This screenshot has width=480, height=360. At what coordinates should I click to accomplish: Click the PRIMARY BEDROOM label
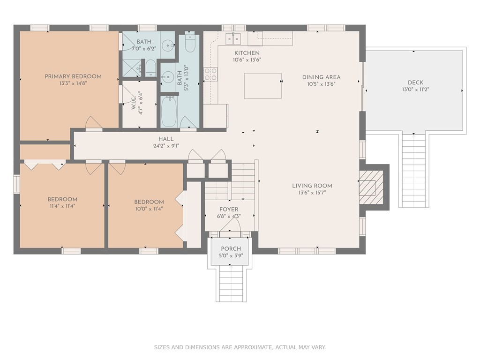[73, 76]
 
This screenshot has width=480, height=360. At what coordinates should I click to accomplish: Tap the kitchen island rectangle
[262, 86]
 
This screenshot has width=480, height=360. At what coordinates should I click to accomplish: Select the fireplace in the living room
[371, 187]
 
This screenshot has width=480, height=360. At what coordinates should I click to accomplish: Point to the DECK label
[415, 82]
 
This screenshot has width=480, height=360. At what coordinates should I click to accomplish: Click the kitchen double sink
[233, 39]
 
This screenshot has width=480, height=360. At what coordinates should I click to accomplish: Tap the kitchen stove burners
[210, 75]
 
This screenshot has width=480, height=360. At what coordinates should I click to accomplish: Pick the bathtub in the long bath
[169, 112]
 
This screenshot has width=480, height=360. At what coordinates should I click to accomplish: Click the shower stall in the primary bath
[132, 68]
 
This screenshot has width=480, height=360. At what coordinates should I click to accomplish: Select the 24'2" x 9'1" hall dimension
[166, 146]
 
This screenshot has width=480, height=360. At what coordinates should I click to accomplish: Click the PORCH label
[231, 249]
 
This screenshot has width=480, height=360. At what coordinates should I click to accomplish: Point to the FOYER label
[229, 210]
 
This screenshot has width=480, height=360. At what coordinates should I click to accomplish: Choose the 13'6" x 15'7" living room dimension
[312, 193]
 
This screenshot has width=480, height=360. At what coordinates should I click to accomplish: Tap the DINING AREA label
[321, 77]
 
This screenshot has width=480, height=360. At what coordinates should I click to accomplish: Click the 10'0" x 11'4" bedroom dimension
[149, 209]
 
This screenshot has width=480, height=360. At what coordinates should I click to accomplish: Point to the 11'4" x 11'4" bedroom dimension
[62, 206]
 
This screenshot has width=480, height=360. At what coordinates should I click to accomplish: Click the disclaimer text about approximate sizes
[240, 347]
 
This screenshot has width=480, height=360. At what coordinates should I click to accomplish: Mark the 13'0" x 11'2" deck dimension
[415, 90]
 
